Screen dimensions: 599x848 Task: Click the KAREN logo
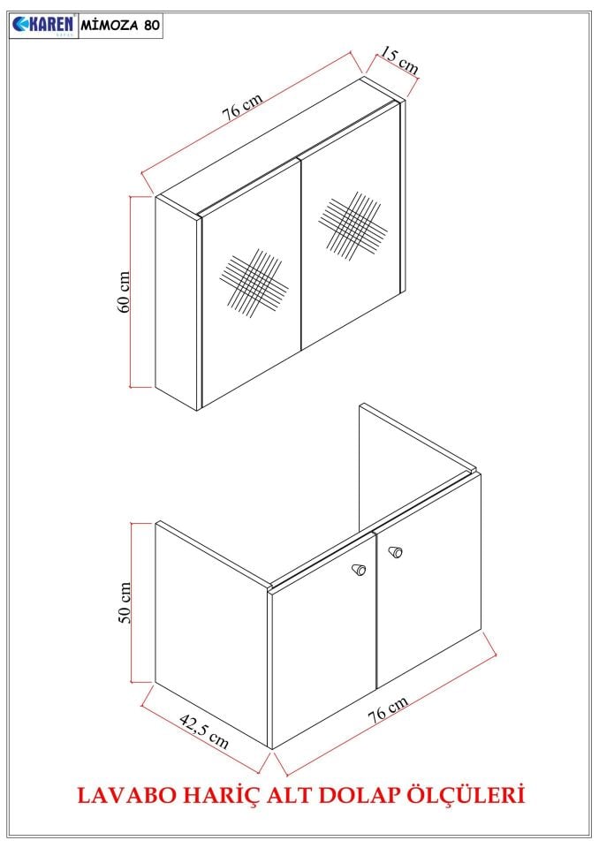(44, 26)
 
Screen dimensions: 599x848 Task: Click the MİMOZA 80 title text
(121, 25)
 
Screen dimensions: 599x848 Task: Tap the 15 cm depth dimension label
(399, 61)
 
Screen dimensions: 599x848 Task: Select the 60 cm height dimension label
(124, 292)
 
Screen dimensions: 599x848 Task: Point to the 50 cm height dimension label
(125, 603)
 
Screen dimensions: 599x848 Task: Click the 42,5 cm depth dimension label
(203, 731)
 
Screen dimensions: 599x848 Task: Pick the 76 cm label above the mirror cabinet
(242, 106)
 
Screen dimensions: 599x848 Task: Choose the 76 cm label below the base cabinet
(388, 709)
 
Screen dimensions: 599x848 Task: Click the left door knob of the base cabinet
(359, 569)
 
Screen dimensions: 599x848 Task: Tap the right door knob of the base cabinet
(396, 552)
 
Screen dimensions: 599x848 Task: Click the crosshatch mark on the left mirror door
(254, 284)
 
